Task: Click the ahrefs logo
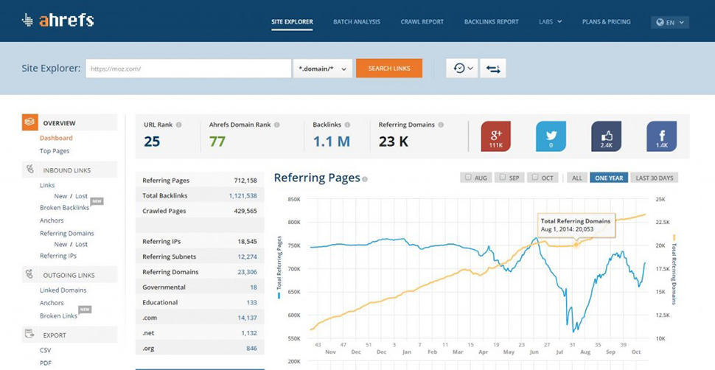point(58,21)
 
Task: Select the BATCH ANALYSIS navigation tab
point(357,22)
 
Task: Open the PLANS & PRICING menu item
point(606,22)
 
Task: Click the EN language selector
point(670,22)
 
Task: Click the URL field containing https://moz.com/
point(188,69)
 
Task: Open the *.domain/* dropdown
point(322,69)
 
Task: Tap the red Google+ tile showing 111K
point(496,136)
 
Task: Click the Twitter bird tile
point(551,136)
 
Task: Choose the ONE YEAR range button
point(609,178)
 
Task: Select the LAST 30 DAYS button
point(655,178)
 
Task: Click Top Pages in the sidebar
point(55,151)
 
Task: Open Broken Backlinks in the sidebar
point(64,208)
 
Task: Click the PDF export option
point(46,362)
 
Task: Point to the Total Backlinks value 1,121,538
point(243,195)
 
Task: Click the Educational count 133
point(251,302)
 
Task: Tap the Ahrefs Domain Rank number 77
point(217,142)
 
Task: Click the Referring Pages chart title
point(317,178)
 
